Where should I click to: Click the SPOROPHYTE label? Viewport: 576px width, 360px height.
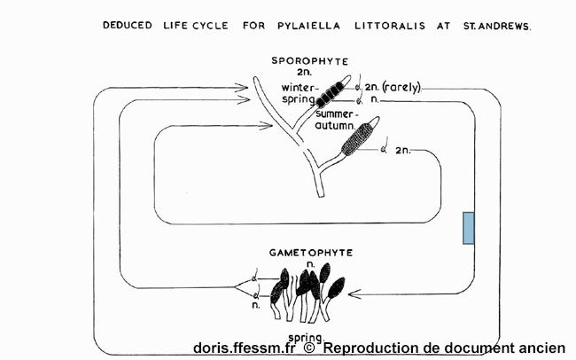tap(310, 60)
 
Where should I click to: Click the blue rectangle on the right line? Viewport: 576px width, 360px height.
tap(469, 228)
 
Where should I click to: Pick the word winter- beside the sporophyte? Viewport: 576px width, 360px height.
tap(298, 88)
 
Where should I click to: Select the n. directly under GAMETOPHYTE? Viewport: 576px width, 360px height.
tap(309, 263)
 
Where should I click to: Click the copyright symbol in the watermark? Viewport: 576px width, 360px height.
tap(309, 348)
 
